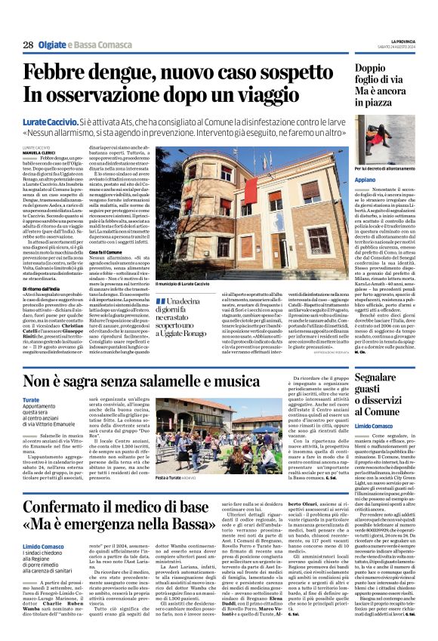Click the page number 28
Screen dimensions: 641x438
pos(27,45)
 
